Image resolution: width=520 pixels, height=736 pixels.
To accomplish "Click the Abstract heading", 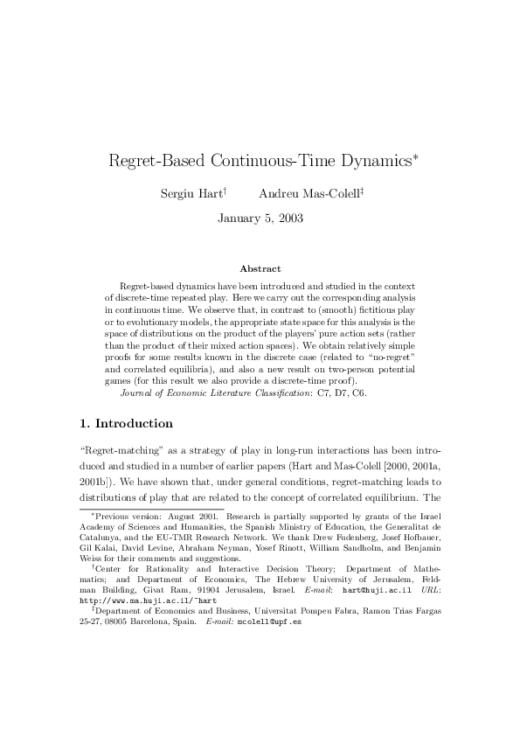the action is pyautogui.click(x=260, y=269).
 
